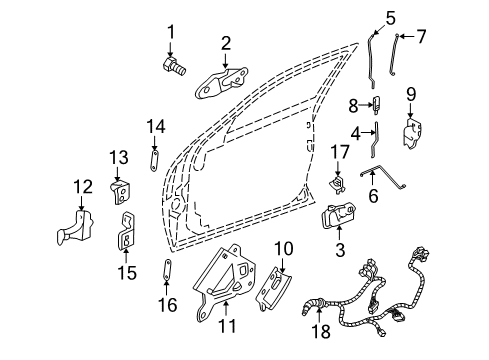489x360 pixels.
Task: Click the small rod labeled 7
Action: click(401, 54)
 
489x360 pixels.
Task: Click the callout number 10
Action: click(283, 247)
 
